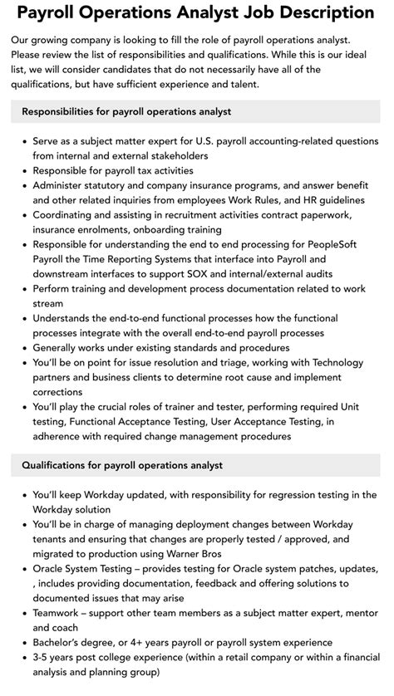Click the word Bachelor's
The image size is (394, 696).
point(63,644)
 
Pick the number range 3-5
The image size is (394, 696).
point(42,659)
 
